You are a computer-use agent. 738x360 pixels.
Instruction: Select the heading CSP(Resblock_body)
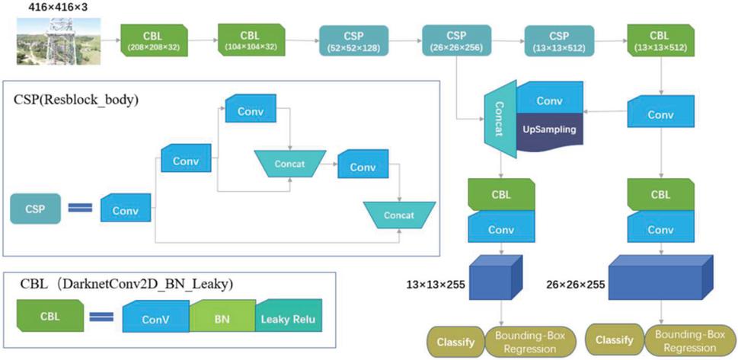(72, 100)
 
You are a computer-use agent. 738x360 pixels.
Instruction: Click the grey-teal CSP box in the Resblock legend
(36, 208)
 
